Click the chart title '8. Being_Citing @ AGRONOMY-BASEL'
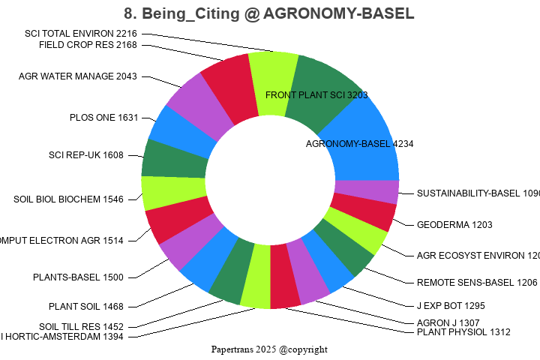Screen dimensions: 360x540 click(269, 14)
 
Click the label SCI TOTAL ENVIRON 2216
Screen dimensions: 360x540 click(81, 34)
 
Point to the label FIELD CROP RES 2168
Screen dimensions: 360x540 click(88, 44)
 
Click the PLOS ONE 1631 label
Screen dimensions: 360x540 click(103, 118)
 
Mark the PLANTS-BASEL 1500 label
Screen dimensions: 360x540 click(78, 277)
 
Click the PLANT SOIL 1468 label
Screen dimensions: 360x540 click(86, 306)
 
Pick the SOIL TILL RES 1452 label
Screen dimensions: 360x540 click(82, 326)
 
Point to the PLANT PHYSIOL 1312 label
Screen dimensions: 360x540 click(463, 332)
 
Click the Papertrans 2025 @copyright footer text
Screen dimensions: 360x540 click(269, 349)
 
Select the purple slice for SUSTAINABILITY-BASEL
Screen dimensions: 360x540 click(366, 192)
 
